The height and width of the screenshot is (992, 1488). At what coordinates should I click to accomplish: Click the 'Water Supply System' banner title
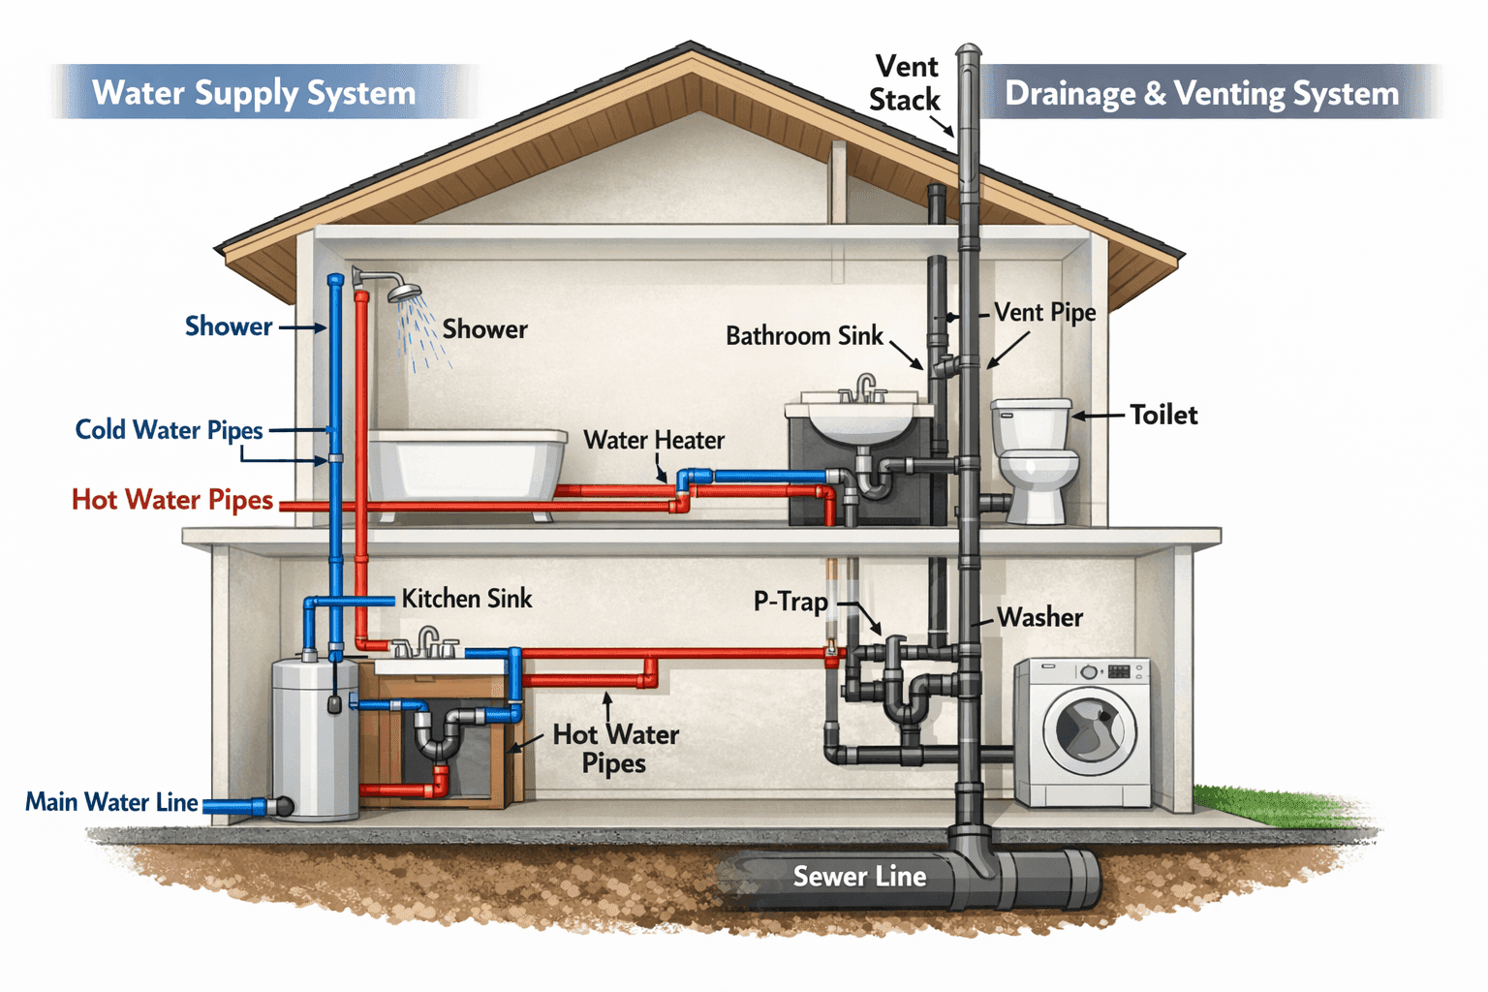click(x=254, y=93)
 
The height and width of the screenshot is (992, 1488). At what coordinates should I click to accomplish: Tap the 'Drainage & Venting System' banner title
click(x=1201, y=94)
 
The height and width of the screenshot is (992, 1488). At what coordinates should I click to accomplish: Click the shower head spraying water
click(x=404, y=290)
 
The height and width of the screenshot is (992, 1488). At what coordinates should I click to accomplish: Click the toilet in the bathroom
click(x=1035, y=460)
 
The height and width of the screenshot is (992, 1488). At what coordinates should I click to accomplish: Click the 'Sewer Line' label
click(x=859, y=877)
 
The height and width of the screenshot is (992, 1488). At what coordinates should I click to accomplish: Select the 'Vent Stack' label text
click(x=905, y=83)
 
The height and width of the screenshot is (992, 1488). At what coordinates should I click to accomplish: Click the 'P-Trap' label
click(x=790, y=602)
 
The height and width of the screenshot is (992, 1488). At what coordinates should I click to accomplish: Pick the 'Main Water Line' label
click(x=111, y=802)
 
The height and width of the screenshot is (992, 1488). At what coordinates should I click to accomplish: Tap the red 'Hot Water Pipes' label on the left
click(x=172, y=500)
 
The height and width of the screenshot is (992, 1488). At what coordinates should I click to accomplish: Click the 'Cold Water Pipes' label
click(x=170, y=430)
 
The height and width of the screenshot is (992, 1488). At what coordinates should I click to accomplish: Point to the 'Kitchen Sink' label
click(x=467, y=599)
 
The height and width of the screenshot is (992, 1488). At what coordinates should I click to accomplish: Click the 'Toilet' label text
click(x=1163, y=416)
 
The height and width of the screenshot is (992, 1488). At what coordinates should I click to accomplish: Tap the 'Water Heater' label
click(x=654, y=441)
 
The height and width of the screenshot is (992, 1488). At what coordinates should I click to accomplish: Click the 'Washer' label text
click(x=1039, y=617)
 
